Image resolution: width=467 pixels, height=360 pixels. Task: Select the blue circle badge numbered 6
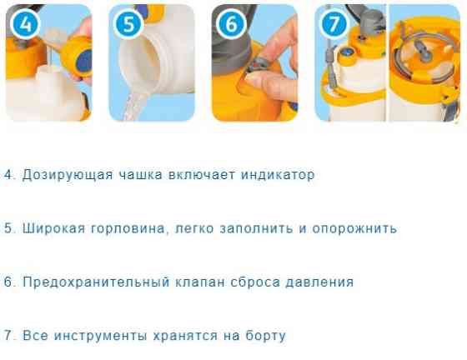pyautogui.click(x=230, y=23)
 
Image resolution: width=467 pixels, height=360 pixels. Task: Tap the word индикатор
pyautogui.click(x=272, y=175)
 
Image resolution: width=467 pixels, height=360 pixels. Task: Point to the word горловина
pyautogui.click(x=125, y=228)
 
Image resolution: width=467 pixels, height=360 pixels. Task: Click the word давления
pyautogui.click(x=318, y=282)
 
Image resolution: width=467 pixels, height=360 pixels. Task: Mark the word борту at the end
pyautogui.click(x=264, y=335)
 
